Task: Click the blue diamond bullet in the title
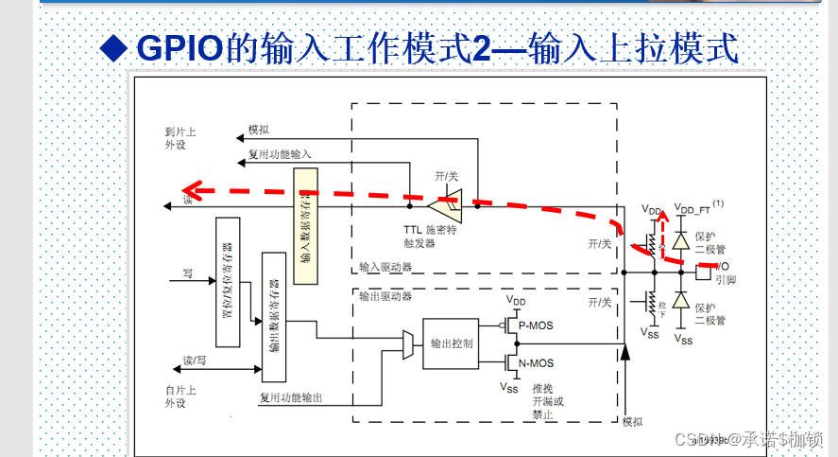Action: tap(113, 48)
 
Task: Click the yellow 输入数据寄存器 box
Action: tap(305, 226)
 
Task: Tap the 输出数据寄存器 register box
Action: tap(274, 316)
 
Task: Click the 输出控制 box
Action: tap(451, 344)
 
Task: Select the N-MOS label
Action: tap(536, 363)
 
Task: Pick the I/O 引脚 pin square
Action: tap(702, 272)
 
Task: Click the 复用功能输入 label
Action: tap(280, 153)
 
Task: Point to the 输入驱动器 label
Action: tap(385, 268)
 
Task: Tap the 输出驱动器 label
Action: tap(385, 296)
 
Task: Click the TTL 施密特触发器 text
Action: tap(430, 236)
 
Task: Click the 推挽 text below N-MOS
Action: tap(542, 388)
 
